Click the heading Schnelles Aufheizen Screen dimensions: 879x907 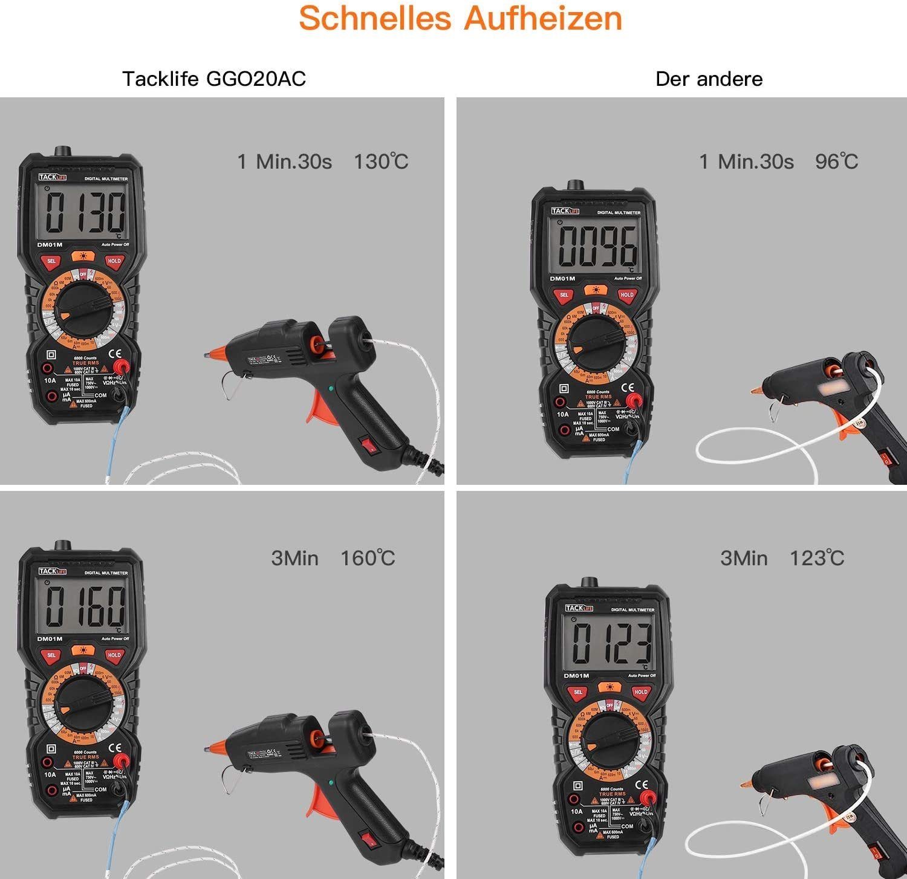(x=460, y=19)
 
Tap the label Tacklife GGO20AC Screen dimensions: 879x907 (x=214, y=79)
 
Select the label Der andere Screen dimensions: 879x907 (x=709, y=79)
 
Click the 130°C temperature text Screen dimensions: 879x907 (x=381, y=161)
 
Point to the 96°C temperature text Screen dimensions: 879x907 (x=836, y=161)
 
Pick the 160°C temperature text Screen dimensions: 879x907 (x=368, y=558)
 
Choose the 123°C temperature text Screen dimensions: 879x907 (x=817, y=558)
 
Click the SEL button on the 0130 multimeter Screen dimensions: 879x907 (x=51, y=261)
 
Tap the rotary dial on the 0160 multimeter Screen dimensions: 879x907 (x=83, y=704)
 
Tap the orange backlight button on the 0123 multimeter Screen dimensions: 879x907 (x=610, y=687)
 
